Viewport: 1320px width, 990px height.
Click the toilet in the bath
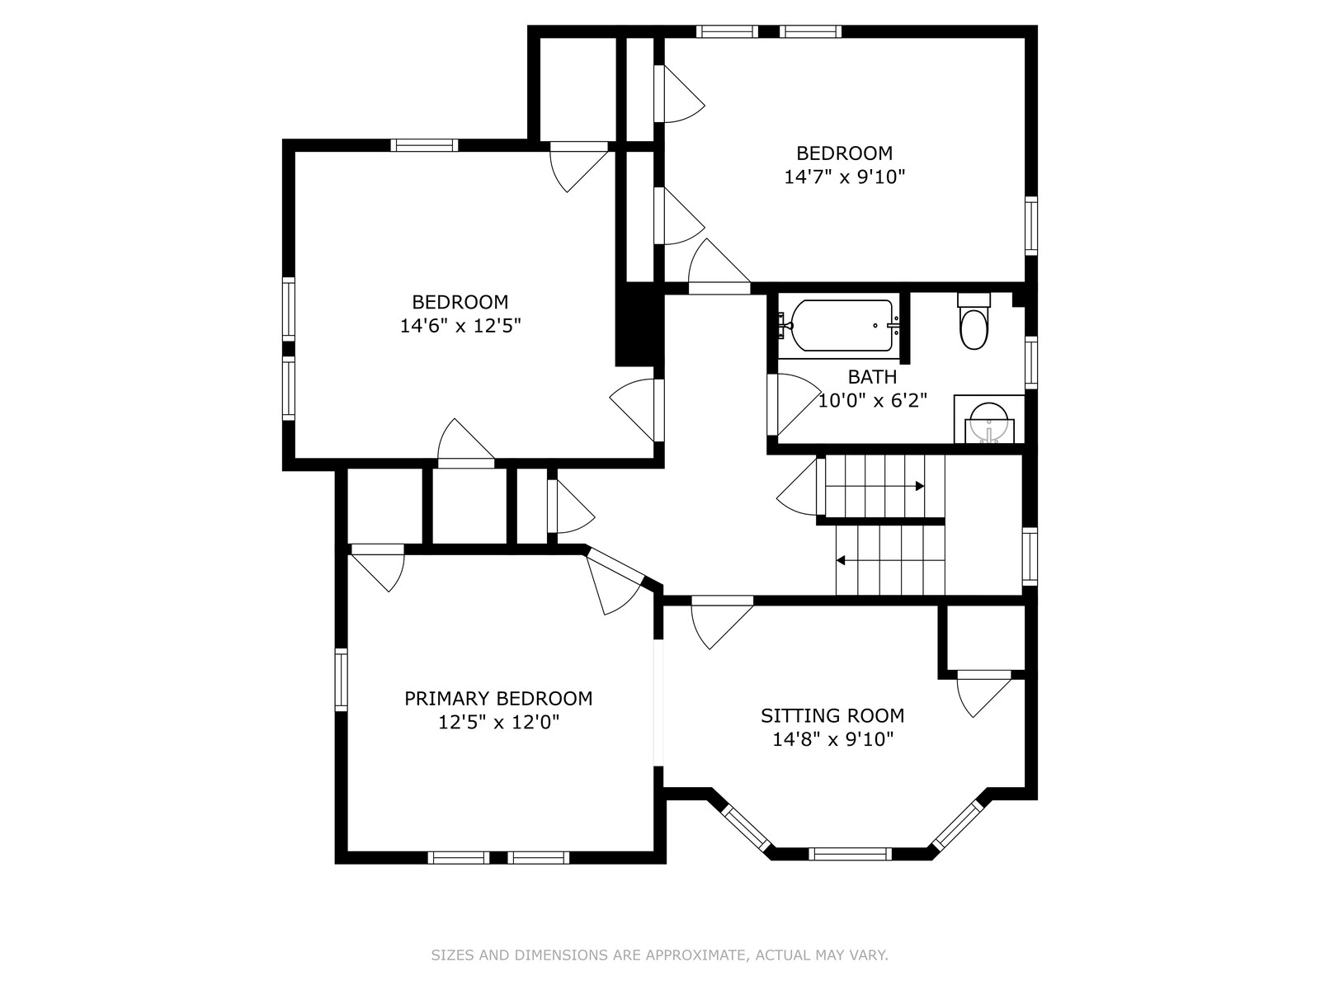coord(973,322)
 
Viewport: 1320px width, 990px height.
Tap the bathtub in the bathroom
coord(842,325)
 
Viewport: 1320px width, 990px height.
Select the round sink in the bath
coord(989,422)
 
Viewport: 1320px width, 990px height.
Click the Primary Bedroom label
coord(498,699)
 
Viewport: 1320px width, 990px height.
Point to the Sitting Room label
coord(832,716)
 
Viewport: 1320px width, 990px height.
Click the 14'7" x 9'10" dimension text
coord(844,177)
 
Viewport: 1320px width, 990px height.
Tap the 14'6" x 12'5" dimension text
coord(460,326)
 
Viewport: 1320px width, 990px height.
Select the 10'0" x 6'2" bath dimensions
coord(873,400)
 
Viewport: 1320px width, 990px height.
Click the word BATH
coord(872,377)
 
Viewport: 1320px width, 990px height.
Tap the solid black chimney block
coord(639,324)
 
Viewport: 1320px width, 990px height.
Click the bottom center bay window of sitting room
coord(850,854)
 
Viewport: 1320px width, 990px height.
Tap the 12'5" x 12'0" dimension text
coord(498,722)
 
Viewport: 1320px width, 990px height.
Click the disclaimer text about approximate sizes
coord(659,955)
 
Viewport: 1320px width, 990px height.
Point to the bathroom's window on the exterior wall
coord(1030,363)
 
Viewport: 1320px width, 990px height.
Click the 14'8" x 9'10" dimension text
coord(833,739)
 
